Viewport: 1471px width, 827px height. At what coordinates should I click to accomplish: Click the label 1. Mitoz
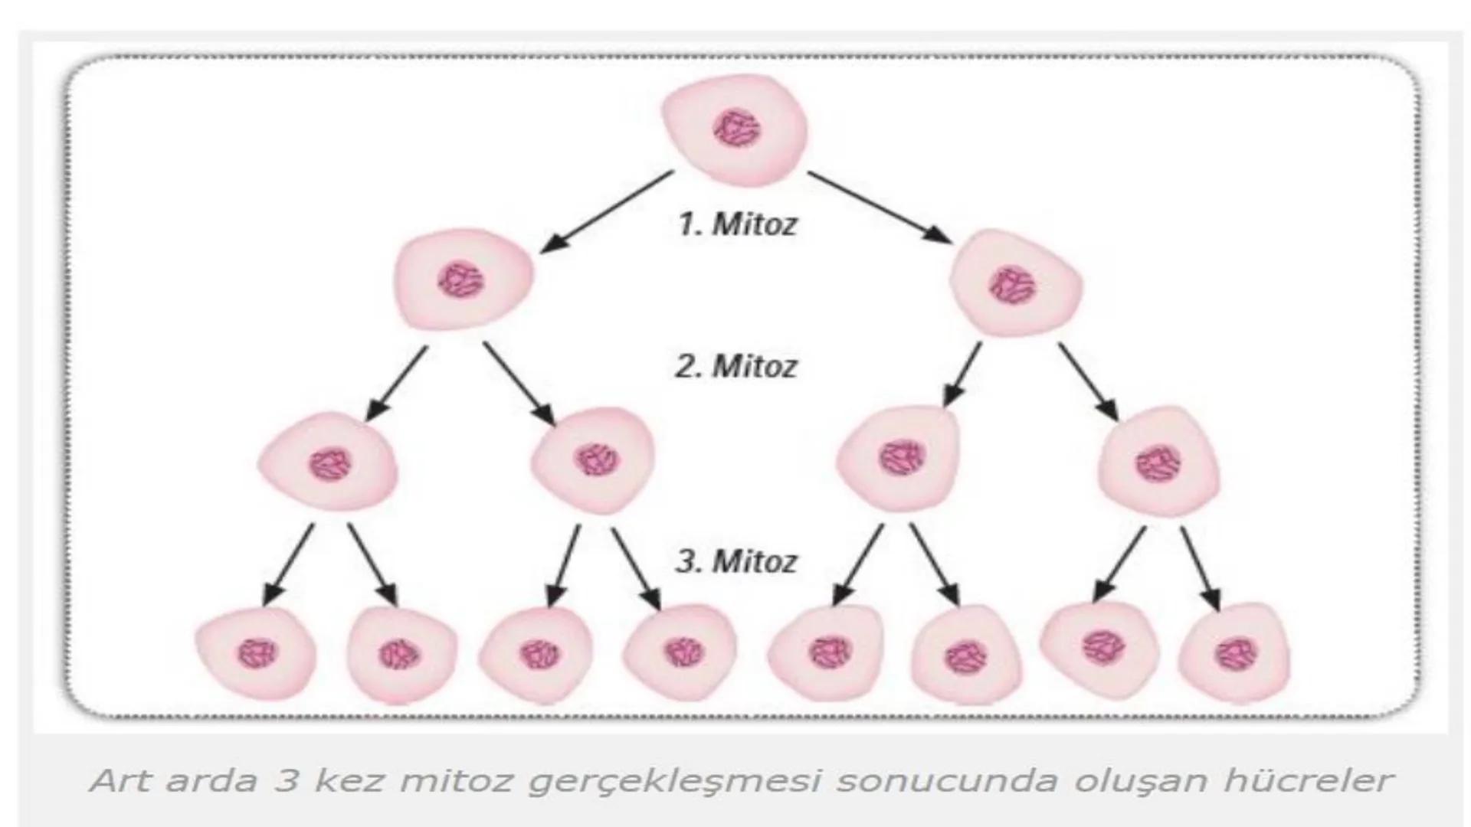click(x=737, y=224)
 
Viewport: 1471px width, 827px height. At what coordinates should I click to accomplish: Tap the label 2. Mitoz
click(x=735, y=366)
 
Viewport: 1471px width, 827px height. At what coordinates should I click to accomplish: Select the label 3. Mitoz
click(x=735, y=561)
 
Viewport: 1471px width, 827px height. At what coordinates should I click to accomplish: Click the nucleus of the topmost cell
click(x=736, y=129)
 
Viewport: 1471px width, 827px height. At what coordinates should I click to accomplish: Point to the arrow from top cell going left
click(x=607, y=211)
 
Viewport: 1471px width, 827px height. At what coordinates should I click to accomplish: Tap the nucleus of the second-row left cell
click(x=461, y=280)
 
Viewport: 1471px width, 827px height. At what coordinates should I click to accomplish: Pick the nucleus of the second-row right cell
click(x=1011, y=284)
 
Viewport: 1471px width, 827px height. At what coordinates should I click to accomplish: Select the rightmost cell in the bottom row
click(x=1233, y=654)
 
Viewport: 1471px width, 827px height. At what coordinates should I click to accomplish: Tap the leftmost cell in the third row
click(x=329, y=464)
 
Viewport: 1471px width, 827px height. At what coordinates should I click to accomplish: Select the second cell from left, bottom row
click(x=401, y=655)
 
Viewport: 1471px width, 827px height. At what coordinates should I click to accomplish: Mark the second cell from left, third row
click(x=595, y=460)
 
